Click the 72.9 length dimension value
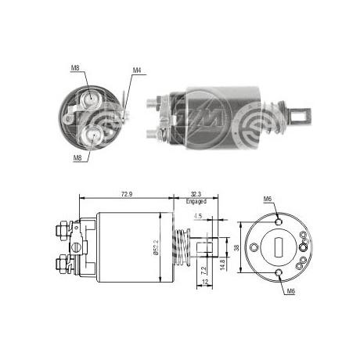coord(127,194)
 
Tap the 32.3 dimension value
coord(196,194)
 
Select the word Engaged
coord(196,201)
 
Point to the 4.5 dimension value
coord(198,216)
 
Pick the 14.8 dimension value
coord(222,265)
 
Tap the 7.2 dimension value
coord(204,270)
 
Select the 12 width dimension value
coord(205,282)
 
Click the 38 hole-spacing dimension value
coord(236,247)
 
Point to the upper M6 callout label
coord(268,199)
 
